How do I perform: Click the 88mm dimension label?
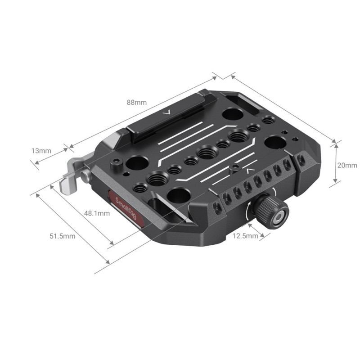[x=137, y=102]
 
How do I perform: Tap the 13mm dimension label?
[x=42, y=150]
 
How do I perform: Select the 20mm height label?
[x=347, y=165]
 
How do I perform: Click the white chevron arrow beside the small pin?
[x=249, y=170]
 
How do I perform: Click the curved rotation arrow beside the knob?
[x=249, y=214]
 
